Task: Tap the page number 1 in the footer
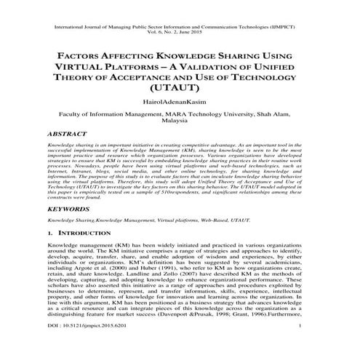[319, 348]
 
